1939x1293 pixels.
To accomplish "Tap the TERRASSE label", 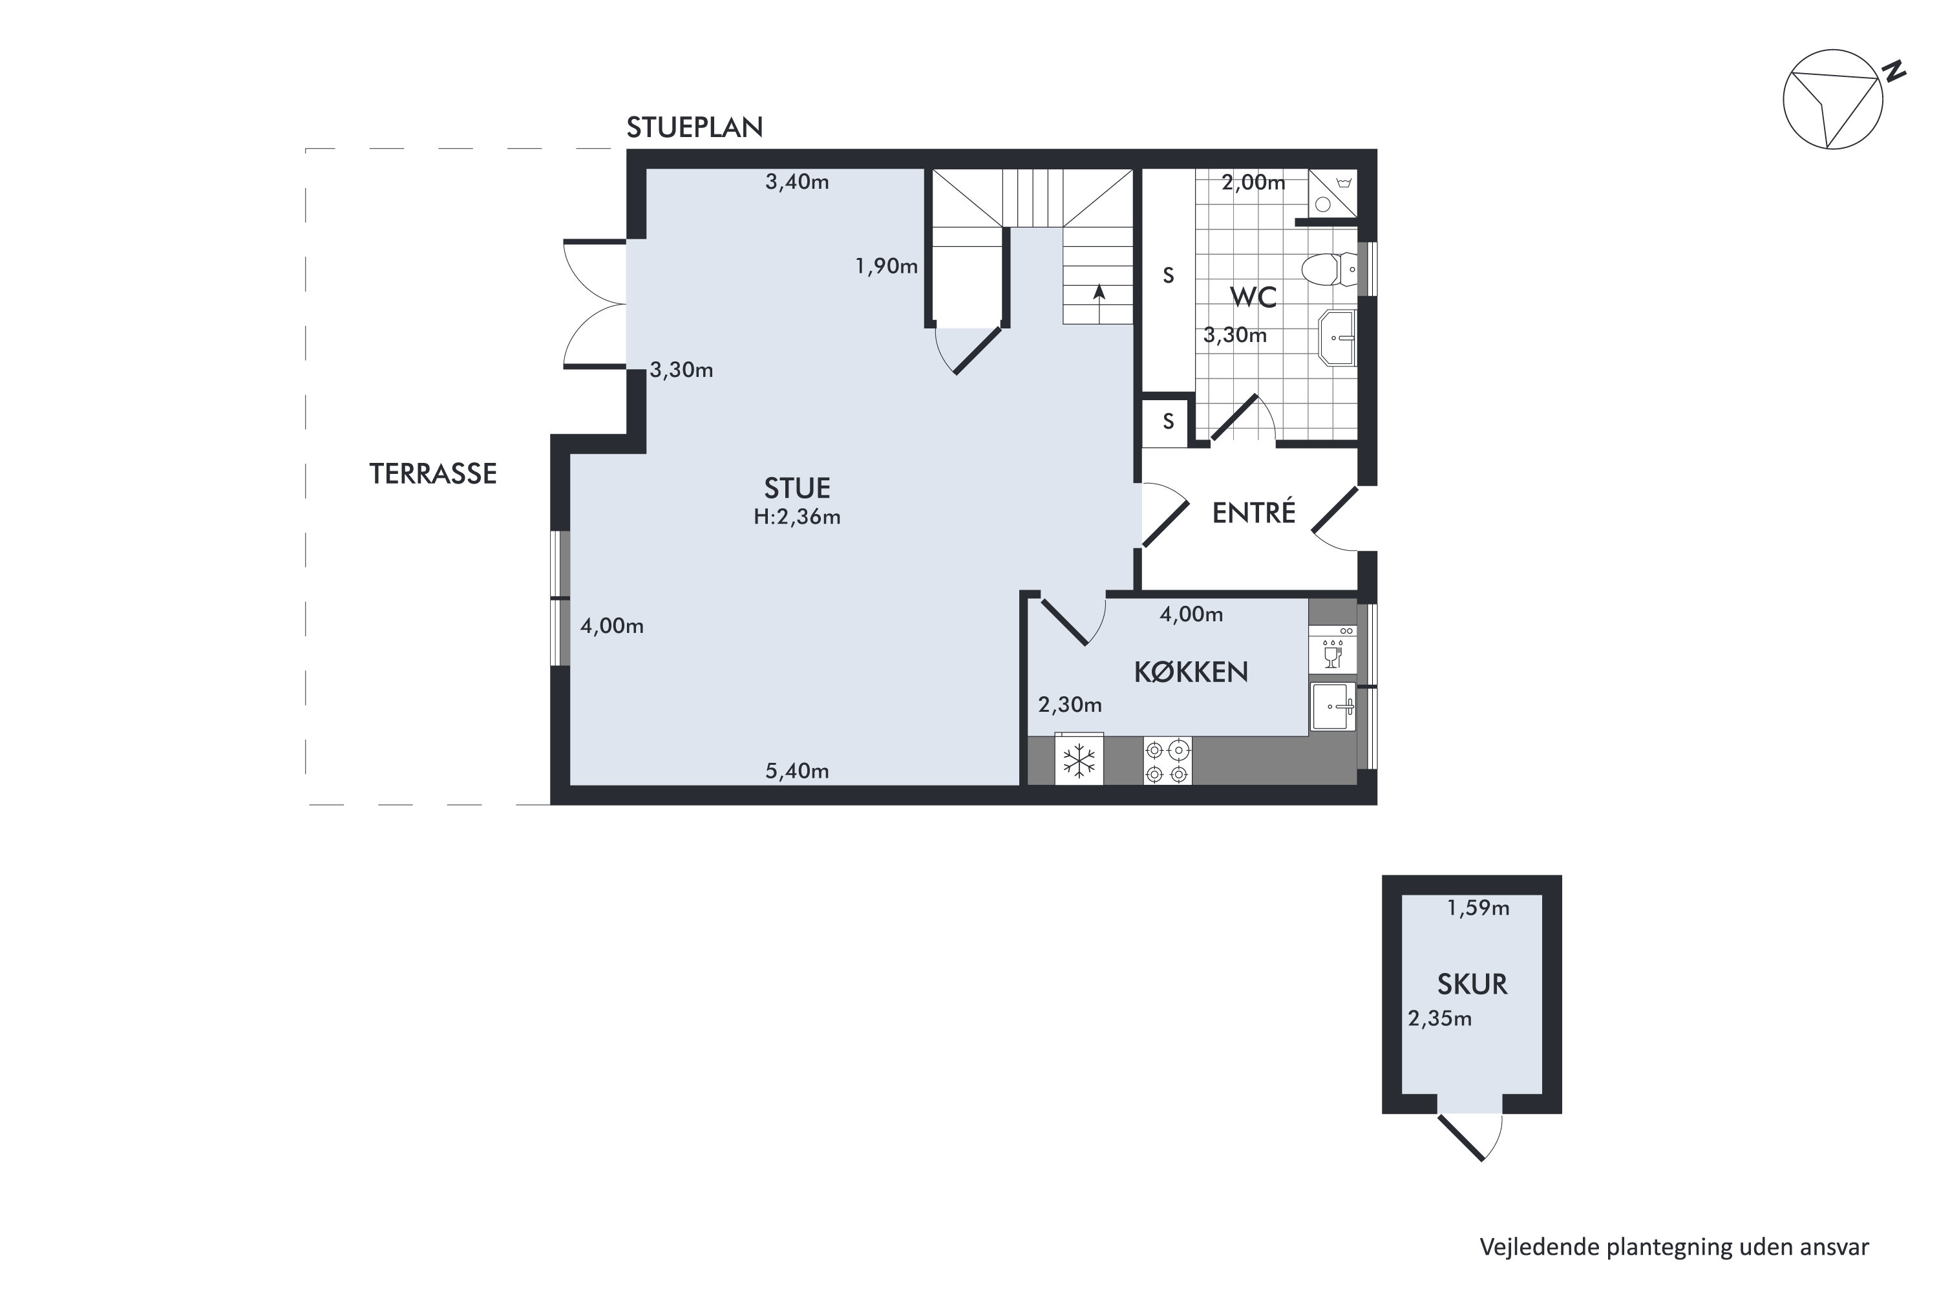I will pyautogui.click(x=433, y=474).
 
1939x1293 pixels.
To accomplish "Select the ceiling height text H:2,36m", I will pyautogui.click(x=796, y=517).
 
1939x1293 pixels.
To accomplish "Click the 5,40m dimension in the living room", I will pyautogui.click(x=796, y=771).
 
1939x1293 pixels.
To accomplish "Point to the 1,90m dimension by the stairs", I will pyautogui.click(x=886, y=266).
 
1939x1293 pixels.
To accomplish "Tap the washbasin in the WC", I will pyautogui.click(x=1337, y=337).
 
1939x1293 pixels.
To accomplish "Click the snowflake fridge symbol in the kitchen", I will pyautogui.click(x=1078, y=760).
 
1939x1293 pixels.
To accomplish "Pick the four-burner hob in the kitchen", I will pyautogui.click(x=1167, y=760).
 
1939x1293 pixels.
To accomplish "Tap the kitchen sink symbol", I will pyautogui.click(x=1332, y=706).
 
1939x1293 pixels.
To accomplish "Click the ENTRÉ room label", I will pyautogui.click(x=1253, y=513).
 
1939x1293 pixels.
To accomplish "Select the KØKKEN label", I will pyautogui.click(x=1191, y=673).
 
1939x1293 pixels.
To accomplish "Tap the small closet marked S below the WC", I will pyautogui.click(x=1167, y=422).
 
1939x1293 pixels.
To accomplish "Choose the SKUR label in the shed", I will pyautogui.click(x=1472, y=985).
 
